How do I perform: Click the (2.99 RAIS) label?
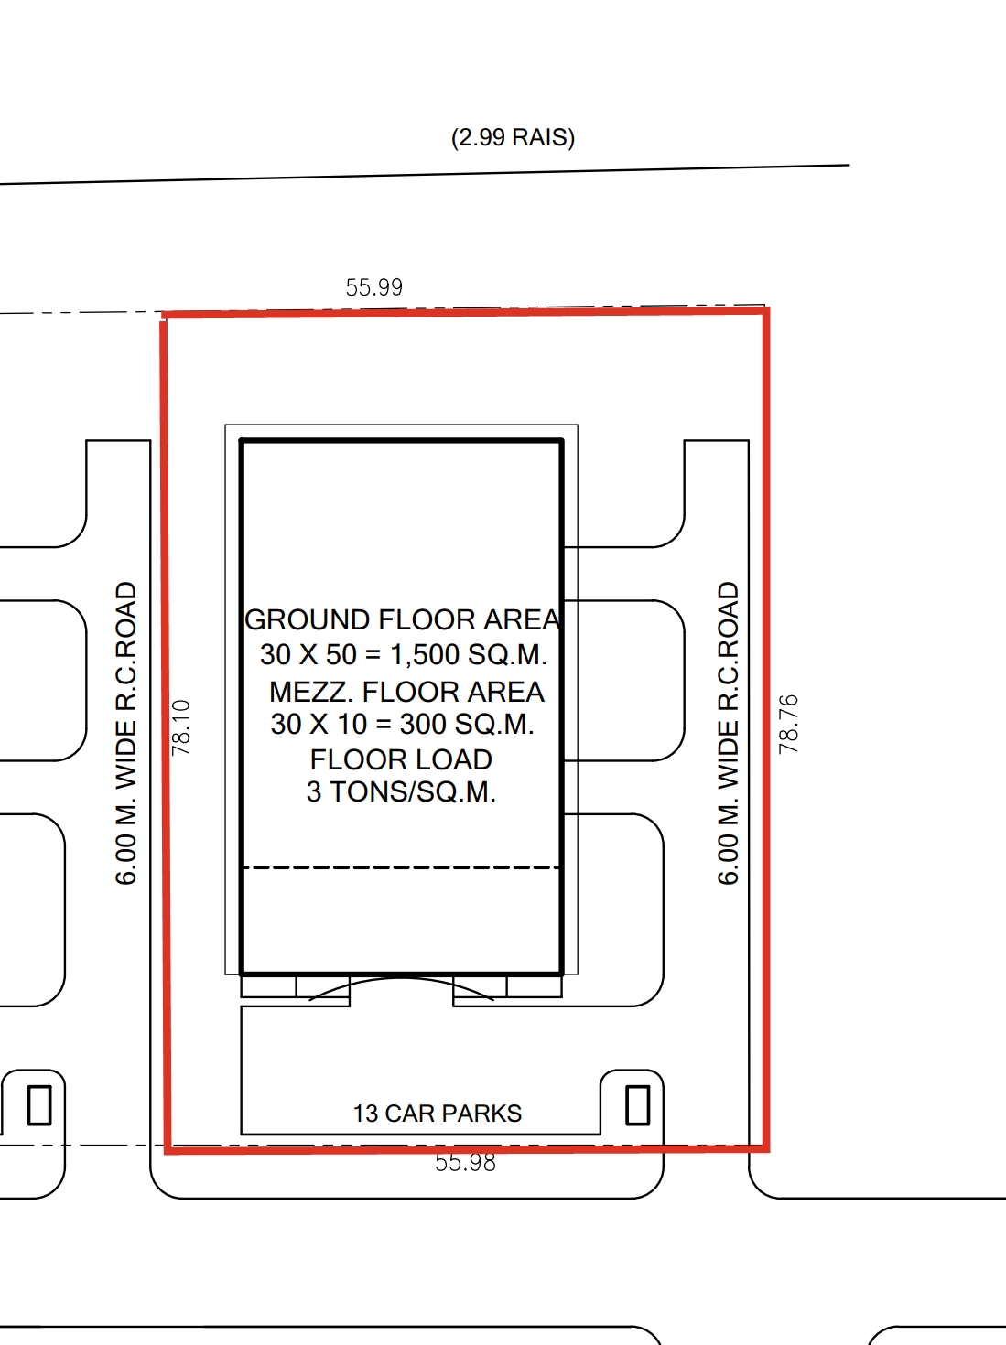(x=514, y=137)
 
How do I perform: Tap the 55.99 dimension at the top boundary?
(x=374, y=287)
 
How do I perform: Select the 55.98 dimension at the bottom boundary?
(x=465, y=1163)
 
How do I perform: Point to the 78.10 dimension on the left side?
(x=181, y=727)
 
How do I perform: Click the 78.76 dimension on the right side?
(x=788, y=724)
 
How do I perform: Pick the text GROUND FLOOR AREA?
(x=402, y=619)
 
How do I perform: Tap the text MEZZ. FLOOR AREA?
(x=406, y=693)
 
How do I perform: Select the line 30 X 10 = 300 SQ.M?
(x=403, y=725)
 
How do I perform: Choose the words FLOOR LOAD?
(x=401, y=759)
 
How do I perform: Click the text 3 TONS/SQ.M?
(x=401, y=791)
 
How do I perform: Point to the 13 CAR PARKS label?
(x=438, y=1114)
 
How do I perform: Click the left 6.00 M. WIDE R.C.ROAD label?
(x=125, y=733)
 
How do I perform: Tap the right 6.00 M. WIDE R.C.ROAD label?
(x=729, y=733)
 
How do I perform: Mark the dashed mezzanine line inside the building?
(x=402, y=867)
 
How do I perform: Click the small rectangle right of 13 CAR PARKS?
(x=637, y=1105)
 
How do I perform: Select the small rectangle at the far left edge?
(x=39, y=1105)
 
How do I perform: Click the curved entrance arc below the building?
(x=402, y=979)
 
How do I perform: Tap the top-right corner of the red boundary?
(x=767, y=311)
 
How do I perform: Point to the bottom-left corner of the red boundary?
(x=168, y=1151)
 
